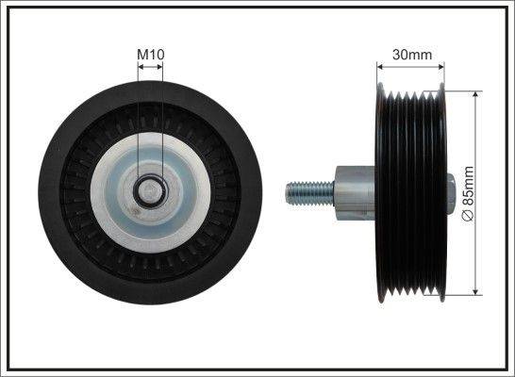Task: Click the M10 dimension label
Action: click(151, 55)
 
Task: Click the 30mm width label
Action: click(411, 55)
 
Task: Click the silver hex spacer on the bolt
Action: click(354, 192)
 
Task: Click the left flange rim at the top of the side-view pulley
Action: click(381, 90)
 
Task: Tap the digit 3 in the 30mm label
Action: click(397, 55)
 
